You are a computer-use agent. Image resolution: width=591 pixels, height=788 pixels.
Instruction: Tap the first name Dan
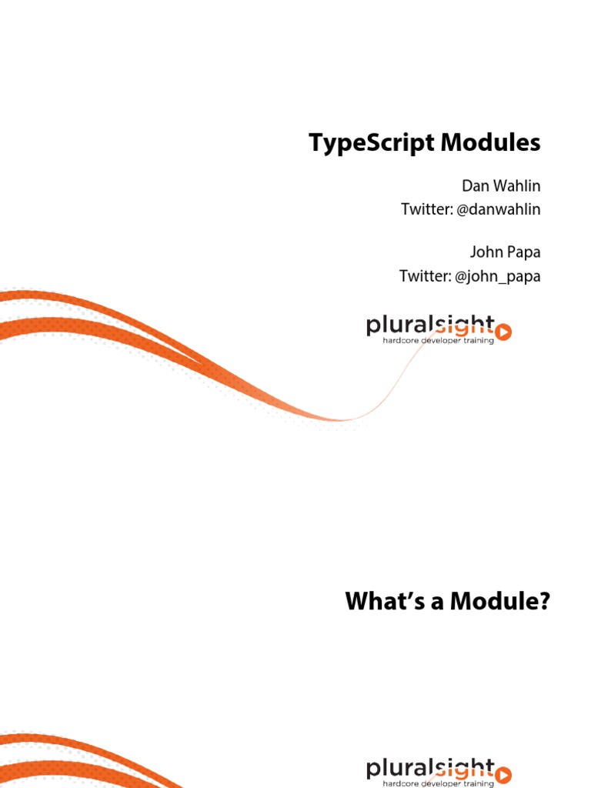[475, 186]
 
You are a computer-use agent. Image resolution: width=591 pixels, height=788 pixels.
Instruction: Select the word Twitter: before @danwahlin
[426, 209]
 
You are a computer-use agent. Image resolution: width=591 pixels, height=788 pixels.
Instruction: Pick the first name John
[486, 253]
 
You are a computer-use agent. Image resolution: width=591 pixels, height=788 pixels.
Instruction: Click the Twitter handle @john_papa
[498, 276]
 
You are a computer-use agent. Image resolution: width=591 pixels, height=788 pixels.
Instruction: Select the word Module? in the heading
[501, 601]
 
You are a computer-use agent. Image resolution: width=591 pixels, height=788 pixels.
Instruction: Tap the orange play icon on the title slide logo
[504, 332]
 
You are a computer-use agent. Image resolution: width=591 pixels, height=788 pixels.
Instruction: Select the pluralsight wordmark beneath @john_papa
[431, 327]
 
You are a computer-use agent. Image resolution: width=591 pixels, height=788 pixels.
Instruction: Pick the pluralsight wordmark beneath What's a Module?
[431, 768]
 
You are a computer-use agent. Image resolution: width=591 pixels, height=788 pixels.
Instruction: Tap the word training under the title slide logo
[477, 341]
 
